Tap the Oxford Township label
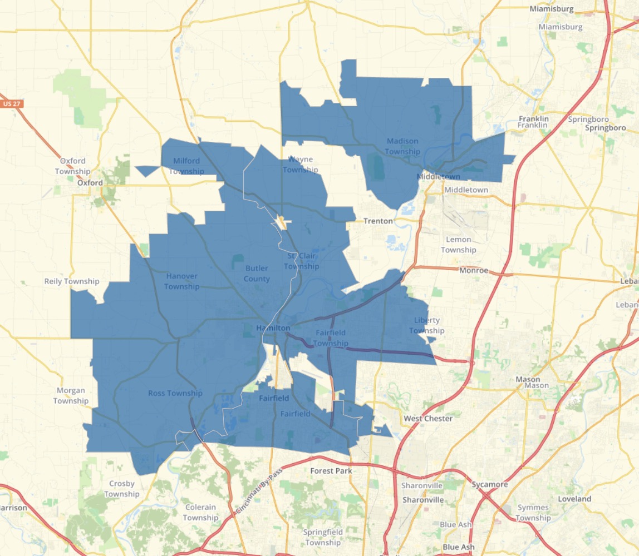coord(72,166)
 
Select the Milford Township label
coord(186,166)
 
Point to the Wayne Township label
coord(300,165)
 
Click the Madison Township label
coord(402,146)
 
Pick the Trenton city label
coord(378,221)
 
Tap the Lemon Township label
coord(459,245)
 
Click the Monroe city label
coord(474,271)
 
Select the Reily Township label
coord(72,281)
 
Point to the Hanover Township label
coord(181,281)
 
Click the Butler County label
coord(257,274)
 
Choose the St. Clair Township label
coord(302,261)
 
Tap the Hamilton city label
coord(273,328)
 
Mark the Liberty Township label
coord(427,325)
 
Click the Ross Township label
coord(175,393)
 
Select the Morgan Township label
coord(71,396)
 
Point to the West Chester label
coord(428,418)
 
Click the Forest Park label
coord(331,471)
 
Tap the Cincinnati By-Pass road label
coord(259,490)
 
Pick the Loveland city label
coord(574,499)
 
